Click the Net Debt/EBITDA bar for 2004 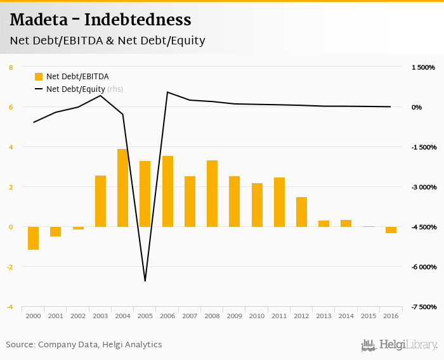pos(123,188)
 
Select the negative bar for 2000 pos(33,238)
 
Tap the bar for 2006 pos(167,191)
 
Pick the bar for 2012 pos(301,212)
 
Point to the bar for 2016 pos(391,229)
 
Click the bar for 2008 pos(212,193)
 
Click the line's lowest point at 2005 pos(145,281)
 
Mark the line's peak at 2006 pos(167,93)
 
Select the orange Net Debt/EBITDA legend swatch pos(39,77)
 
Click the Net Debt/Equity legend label pos(75,89)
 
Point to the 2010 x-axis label pos(257,316)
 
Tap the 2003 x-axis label pos(100,316)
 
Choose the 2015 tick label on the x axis pos(369,316)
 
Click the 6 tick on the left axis pos(11,107)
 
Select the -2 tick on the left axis pos(10,267)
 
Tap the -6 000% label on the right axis pos(423,267)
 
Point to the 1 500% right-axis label pos(423,67)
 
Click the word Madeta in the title pos(39,20)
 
